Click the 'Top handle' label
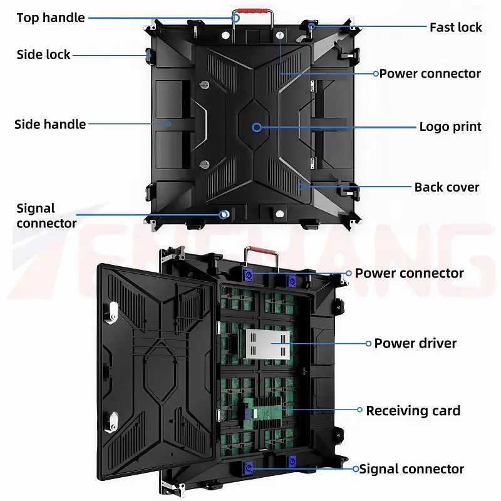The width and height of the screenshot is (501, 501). [51, 18]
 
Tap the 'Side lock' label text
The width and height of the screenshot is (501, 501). [44, 54]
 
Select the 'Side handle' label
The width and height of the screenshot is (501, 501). [50, 124]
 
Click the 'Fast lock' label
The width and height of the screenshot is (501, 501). [455, 27]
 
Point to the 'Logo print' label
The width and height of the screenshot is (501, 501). [450, 127]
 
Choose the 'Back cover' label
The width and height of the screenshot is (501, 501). [447, 187]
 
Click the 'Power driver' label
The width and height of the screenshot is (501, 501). [415, 343]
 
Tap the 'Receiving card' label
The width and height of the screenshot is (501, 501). [413, 411]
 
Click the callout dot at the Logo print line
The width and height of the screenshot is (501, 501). [257, 127]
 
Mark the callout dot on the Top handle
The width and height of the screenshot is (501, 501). [236, 18]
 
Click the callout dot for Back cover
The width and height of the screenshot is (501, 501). [301, 186]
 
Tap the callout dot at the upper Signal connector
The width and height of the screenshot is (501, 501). [224, 214]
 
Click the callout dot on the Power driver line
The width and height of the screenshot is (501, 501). [368, 343]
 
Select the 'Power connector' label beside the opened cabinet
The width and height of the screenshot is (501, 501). [409, 274]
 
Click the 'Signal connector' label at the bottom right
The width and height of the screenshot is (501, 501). [411, 469]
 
